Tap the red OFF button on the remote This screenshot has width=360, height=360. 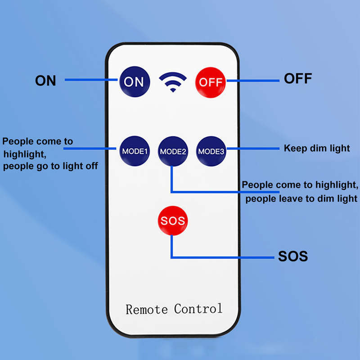coord(210,82)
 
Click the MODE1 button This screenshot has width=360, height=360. coord(135,151)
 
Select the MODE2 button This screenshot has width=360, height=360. coord(173,151)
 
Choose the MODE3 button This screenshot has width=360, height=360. coord(211,151)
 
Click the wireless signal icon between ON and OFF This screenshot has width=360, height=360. coord(173,82)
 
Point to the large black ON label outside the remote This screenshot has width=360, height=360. coord(45,81)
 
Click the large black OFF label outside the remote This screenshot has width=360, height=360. coord(298,78)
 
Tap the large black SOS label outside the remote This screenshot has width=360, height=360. coord(293,256)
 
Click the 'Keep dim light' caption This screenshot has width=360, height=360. coord(317,148)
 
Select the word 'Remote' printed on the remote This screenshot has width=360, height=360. coord(147,309)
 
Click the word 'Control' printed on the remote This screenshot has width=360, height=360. coord(198,309)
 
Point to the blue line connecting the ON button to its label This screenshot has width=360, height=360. coord(91,80)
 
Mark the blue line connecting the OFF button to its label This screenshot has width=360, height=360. coord(253,81)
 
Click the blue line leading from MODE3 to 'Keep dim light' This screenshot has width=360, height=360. coord(253,148)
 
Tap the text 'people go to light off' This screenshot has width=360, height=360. coord(50,166)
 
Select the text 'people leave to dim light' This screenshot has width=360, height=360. coord(301,198)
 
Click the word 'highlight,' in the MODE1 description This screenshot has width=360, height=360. coord(25,154)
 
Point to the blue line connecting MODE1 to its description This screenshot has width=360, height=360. coord(90,148)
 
